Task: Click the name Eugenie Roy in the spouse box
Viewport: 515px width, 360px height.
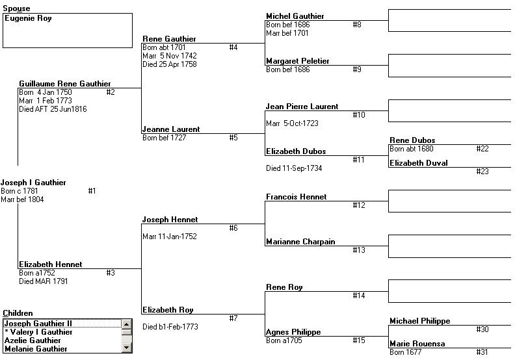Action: [28, 18]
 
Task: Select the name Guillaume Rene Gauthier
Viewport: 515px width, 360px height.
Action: [65, 84]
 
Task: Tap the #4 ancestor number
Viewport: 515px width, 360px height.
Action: [233, 47]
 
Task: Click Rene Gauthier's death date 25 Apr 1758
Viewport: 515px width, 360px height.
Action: [178, 64]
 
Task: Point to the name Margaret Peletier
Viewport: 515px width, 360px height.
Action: [298, 61]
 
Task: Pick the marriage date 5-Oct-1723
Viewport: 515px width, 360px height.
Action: [301, 123]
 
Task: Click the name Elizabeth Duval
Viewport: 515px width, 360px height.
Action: [419, 163]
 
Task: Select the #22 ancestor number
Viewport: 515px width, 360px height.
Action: [482, 149]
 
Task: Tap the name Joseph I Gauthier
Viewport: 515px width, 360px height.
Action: [33, 183]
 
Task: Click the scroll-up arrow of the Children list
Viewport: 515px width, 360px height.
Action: [126, 324]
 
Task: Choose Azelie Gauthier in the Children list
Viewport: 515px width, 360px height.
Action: [33, 341]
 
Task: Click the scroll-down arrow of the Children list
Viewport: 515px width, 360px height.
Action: [126, 348]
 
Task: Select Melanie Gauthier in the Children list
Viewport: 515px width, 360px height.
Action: [36, 349]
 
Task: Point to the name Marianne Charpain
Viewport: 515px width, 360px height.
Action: [300, 242]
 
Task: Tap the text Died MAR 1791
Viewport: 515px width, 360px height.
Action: [44, 281]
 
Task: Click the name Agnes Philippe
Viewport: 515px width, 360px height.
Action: [293, 332]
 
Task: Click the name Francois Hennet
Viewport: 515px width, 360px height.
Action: [297, 197]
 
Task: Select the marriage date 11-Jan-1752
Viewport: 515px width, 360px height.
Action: [178, 237]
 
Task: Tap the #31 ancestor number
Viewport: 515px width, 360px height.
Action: [482, 352]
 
